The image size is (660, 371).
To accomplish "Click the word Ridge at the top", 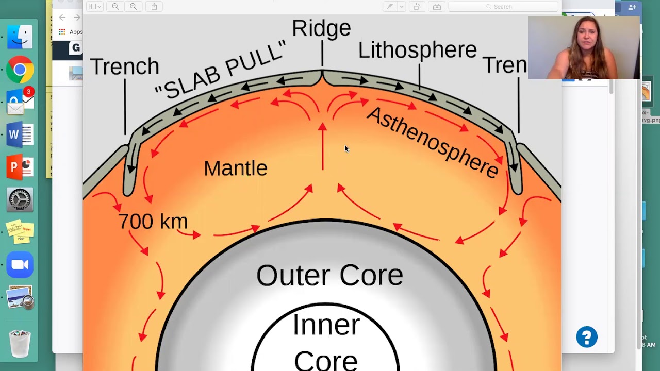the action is point(321,28).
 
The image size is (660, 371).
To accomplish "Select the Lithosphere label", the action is point(417,50).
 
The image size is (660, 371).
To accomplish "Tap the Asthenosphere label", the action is point(432,142).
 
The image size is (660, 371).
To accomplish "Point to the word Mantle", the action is point(236,168).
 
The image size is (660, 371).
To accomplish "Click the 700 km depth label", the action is point(153,222).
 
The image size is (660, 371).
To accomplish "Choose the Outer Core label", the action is point(329,275).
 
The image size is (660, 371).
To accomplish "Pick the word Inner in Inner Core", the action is point(326,325).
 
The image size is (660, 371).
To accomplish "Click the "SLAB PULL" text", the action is point(221,72).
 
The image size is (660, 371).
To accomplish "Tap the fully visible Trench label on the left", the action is point(124,66).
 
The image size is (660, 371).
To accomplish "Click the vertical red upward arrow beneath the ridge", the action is point(323,147).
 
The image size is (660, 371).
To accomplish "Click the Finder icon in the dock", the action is point(20,37).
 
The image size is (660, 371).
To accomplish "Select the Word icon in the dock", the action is point(20,135).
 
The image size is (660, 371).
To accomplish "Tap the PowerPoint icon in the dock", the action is point(20,167).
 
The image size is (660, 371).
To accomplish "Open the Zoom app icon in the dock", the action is point(20,265).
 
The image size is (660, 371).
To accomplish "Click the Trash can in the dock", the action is point(20,342).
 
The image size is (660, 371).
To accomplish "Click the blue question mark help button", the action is point(587,338).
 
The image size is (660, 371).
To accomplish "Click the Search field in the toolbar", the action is point(503,7).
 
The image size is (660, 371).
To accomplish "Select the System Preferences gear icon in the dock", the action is point(20,200).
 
